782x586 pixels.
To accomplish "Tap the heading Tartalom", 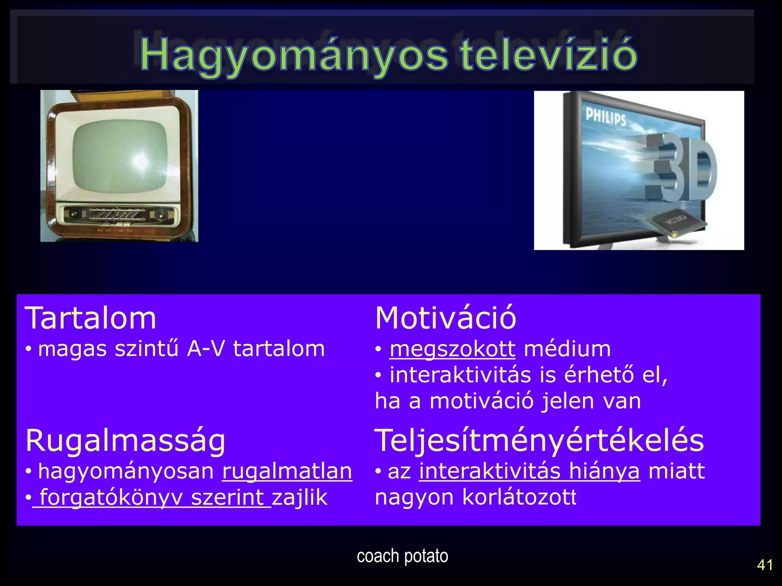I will (90, 318).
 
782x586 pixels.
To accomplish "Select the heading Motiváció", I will (446, 318).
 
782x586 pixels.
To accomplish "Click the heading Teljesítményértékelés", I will (539, 441).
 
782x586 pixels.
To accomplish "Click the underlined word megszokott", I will (452, 349).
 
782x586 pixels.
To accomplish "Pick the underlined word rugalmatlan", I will (287, 471).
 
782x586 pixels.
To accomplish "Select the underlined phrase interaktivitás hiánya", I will (529, 471).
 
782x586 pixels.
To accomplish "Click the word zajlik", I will (300, 497).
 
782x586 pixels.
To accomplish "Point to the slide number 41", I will (765, 565).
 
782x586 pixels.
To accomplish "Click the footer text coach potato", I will (402, 556).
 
